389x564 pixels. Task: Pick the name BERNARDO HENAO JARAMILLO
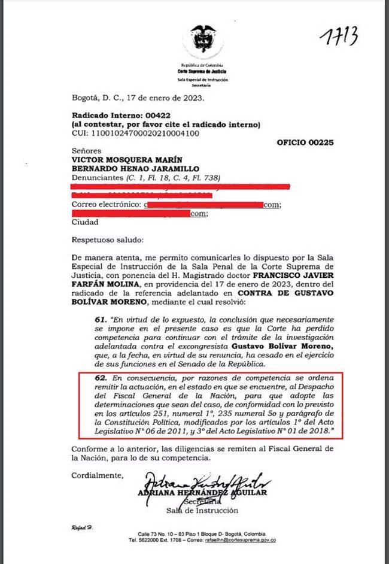[x=127, y=169]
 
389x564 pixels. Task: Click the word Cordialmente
[x=98, y=475]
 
